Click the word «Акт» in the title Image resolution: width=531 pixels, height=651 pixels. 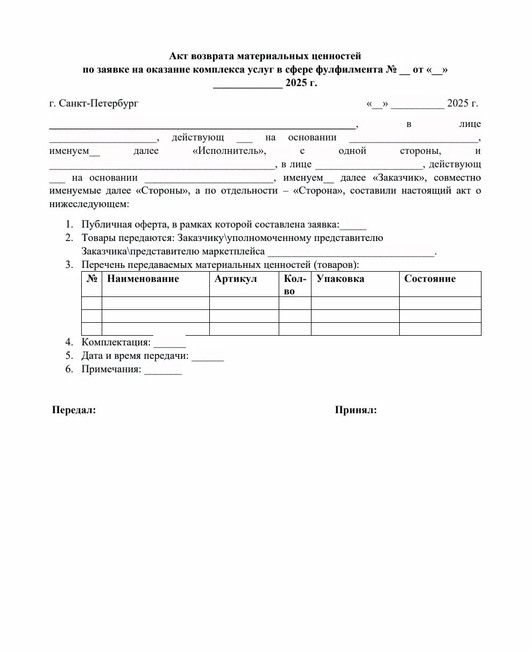[180, 56]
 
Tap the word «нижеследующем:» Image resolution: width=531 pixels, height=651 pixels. [89, 204]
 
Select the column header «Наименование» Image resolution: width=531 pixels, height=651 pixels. [143, 279]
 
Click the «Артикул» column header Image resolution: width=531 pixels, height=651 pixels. [236, 279]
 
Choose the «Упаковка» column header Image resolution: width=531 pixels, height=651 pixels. [340, 279]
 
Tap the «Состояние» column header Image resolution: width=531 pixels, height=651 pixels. [430, 279]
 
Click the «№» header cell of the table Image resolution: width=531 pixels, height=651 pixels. [91, 279]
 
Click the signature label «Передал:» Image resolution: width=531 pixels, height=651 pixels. [74, 411]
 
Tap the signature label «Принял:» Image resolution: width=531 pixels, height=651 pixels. [356, 411]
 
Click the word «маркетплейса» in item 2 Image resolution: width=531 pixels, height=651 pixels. [237, 251]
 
